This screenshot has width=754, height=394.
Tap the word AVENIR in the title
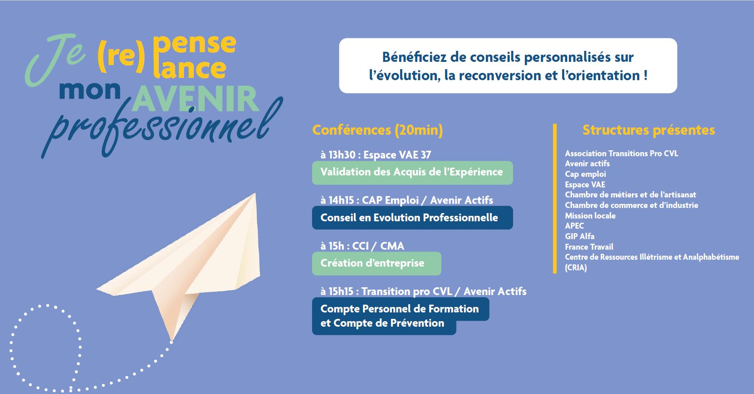195,98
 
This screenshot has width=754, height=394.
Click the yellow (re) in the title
121,56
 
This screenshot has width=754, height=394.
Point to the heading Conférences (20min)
377,130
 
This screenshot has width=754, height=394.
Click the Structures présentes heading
648,130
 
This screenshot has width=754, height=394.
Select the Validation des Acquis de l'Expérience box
413,173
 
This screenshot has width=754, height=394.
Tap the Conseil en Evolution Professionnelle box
413,218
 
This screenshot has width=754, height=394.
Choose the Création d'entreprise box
376,263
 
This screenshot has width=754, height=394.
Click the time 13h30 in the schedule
342,155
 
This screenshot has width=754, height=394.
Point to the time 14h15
341,200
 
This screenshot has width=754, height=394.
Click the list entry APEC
574,226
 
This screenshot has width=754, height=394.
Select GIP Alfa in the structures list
580,236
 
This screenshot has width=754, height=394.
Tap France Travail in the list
589,247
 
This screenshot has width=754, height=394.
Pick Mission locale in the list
591,215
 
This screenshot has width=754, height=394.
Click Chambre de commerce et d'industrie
631,205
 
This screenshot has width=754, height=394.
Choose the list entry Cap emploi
586,174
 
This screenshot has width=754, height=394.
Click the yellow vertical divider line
555,199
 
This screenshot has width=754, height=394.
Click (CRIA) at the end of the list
576,268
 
